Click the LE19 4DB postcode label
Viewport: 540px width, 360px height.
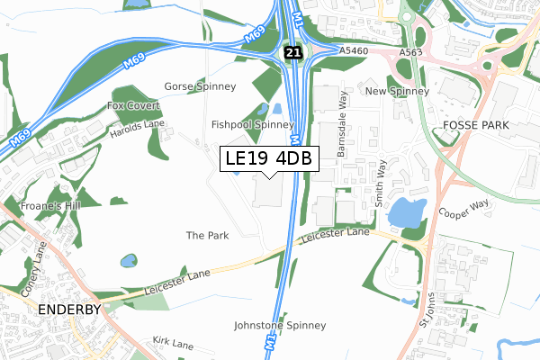269,158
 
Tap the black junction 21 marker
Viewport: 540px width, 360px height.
291,54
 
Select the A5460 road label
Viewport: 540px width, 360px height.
355,53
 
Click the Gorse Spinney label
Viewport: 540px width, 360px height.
200,86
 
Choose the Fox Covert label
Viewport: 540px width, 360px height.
127,105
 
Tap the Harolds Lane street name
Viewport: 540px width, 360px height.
138,124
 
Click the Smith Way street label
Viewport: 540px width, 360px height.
382,180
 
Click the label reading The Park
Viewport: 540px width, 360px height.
207,235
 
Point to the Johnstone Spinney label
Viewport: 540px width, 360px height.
279,325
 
